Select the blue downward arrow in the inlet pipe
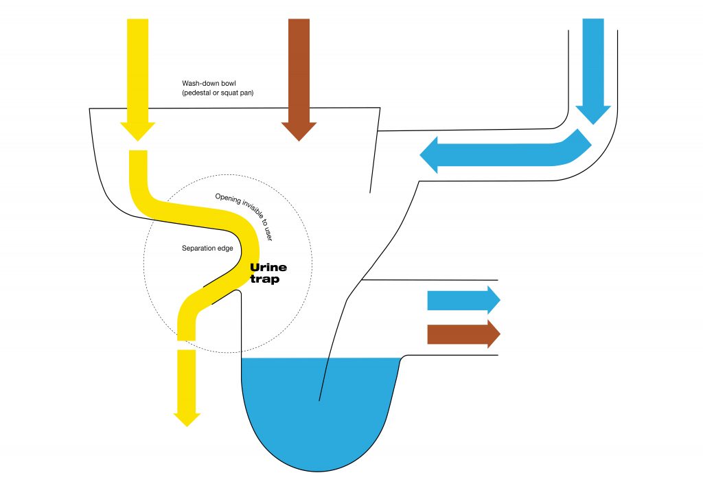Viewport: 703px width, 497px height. pos(593,69)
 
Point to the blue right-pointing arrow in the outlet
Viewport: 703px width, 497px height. pos(463,300)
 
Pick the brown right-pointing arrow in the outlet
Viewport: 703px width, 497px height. pos(463,334)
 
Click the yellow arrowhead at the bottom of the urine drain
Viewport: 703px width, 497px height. pos(187,416)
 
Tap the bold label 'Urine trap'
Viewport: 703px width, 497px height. pos(268,273)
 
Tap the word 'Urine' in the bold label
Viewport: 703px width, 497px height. pos(268,268)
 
